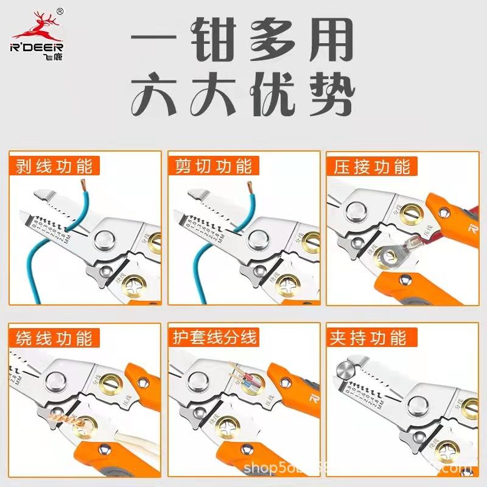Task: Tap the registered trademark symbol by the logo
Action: [x=60, y=11]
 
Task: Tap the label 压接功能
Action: [x=371, y=166]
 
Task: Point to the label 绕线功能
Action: [x=51, y=337]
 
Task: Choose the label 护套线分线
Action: [x=216, y=337]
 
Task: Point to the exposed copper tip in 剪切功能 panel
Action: [x=249, y=182]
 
